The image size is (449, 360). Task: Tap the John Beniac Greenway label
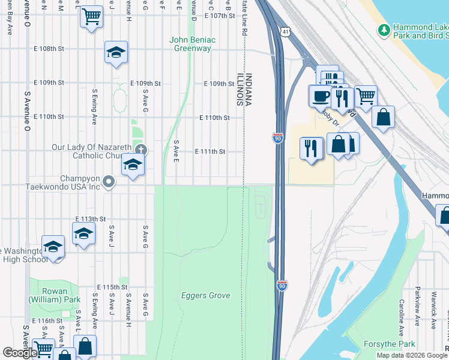point(192,44)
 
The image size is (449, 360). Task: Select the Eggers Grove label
point(205,295)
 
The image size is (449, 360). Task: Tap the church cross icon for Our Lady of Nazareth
point(140,150)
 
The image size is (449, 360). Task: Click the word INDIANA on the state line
point(248,90)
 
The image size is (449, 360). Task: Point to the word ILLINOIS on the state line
point(239,90)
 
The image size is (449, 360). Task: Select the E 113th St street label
point(91,220)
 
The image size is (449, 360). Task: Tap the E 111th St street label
point(210,152)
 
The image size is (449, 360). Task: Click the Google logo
point(20,353)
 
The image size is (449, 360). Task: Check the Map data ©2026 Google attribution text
point(412,355)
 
